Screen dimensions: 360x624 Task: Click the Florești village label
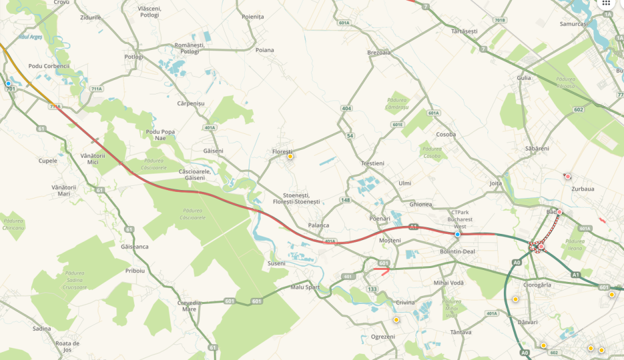click(282, 151)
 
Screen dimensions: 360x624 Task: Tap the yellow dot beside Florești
click(290, 157)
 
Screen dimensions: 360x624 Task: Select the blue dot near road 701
click(9, 83)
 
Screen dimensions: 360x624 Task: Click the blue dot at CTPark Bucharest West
click(458, 234)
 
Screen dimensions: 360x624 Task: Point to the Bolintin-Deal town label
click(457, 251)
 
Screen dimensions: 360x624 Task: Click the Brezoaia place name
click(378, 52)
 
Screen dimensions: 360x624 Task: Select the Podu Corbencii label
click(49, 66)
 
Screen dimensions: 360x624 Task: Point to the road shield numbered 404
click(347, 108)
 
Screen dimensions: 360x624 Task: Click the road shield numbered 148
click(346, 200)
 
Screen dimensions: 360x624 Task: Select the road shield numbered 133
click(372, 289)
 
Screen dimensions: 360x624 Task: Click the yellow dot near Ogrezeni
click(396, 320)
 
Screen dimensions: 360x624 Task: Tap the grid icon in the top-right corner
click(606, 3)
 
